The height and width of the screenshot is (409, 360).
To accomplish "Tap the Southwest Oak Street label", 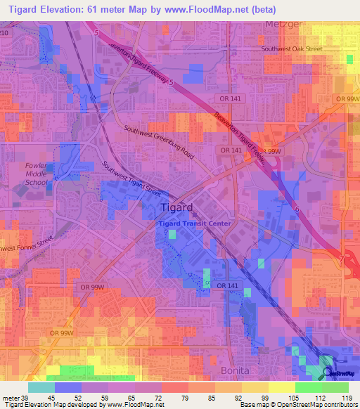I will (292, 49).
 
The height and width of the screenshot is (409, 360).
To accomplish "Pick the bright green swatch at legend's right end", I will (335, 387).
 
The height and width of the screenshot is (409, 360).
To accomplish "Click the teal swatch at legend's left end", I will (41, 387).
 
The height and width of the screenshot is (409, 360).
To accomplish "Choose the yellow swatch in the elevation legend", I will (281, 387).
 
